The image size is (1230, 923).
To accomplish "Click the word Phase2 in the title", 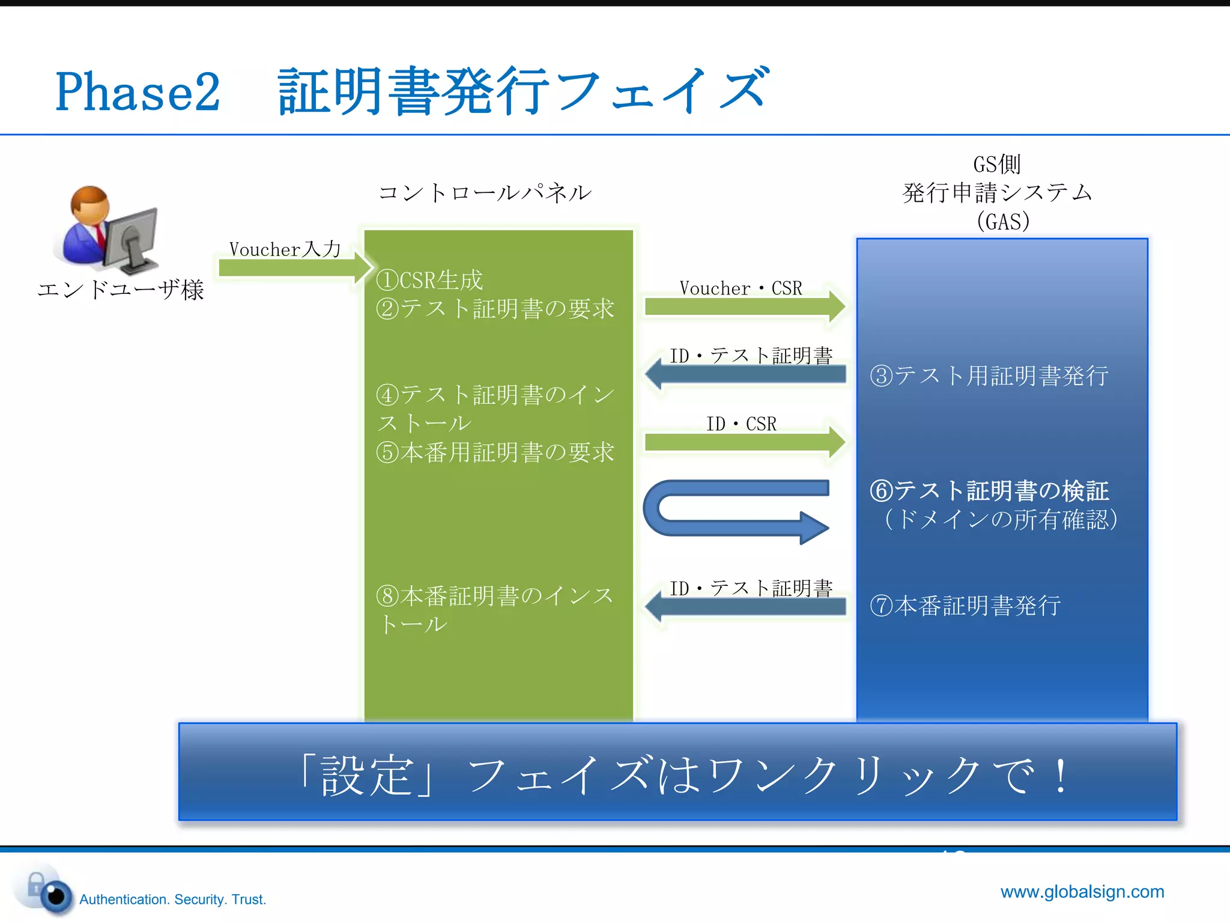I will [138, 92].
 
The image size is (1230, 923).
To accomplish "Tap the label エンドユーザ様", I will [121, 290].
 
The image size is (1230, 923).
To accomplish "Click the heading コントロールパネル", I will [485, 193].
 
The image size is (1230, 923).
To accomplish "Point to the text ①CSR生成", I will [429, 280].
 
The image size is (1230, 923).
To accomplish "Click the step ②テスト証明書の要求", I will [495, 309].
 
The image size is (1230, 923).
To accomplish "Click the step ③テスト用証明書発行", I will [989, 376].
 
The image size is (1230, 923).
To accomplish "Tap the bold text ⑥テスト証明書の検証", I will [989, 491].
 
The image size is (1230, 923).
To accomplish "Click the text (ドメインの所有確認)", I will [1000, 520].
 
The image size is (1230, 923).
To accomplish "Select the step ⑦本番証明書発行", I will [965, 606].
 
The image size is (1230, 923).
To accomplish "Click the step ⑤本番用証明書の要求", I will [495, 452].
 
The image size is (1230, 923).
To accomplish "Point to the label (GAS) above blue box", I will [1002, 221].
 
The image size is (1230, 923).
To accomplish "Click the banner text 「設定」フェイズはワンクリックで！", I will [682, 775].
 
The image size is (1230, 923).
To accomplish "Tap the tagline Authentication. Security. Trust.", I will [172, 900].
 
